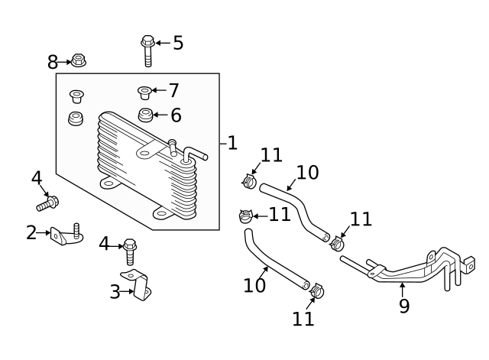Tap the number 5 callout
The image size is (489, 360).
coord(178,43)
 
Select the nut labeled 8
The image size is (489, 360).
coord(78,60)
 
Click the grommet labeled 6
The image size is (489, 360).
coord(145,115)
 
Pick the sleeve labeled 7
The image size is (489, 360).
coord(144,92)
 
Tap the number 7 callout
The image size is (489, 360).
coord(173,91)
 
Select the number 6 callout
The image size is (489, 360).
coord(175,115)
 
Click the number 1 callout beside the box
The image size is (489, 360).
coord(232,143)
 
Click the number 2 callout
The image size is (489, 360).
coord(31,232)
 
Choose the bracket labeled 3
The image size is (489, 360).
coord(137,285)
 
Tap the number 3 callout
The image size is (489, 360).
coord(115,291)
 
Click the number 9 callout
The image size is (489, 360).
coord(404,306)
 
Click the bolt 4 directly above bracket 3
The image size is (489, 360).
coord(130,250)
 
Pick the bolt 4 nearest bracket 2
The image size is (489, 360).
coord(47,203)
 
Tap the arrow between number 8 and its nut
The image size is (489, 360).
coord(64,61)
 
